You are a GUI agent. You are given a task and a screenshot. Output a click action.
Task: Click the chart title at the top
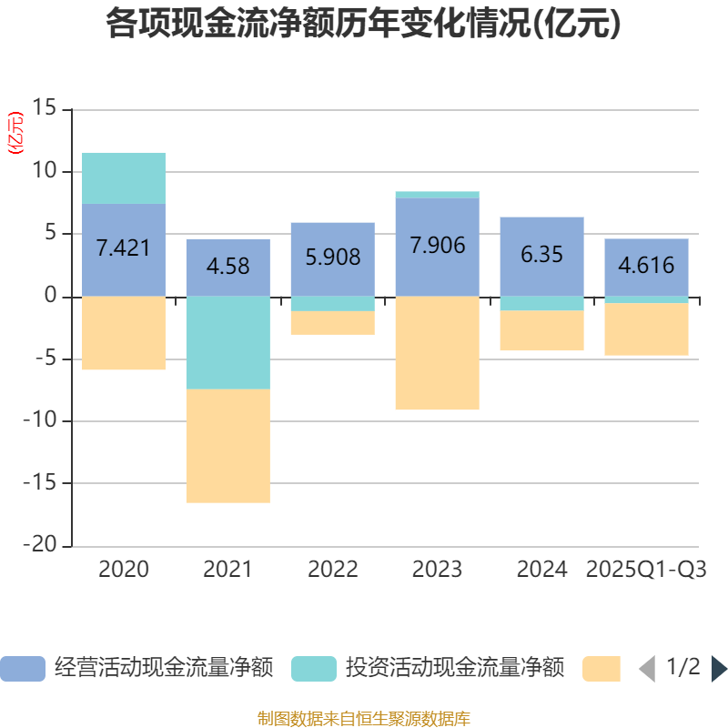click(x=364, y=25)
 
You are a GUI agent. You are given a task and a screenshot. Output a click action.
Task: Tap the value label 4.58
click(x=227, y=268)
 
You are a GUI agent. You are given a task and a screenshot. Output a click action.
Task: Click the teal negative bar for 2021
click(x=227, y=343)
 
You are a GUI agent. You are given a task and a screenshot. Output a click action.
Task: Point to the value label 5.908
click(x=332, y=258)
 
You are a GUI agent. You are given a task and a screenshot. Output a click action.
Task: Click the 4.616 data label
click(x=646, y=266)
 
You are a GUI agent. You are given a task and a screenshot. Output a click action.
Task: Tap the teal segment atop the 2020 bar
click(x=124, y=177)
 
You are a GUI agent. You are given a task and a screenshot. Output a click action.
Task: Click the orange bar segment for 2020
click(x=124, y=333)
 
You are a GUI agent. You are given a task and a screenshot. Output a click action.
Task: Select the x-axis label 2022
click(x=332, y=570)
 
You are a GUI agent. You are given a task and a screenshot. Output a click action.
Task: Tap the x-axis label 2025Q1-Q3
click(x=646, y=570)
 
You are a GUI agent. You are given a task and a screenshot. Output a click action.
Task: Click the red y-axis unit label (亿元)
click(x=15, y=134)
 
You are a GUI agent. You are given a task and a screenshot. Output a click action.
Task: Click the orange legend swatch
click(x=601, y=669)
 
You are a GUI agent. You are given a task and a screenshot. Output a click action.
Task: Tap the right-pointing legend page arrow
click(x=719, y=669)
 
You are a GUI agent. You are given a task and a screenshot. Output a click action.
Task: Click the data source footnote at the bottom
click(x=364, y=719)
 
